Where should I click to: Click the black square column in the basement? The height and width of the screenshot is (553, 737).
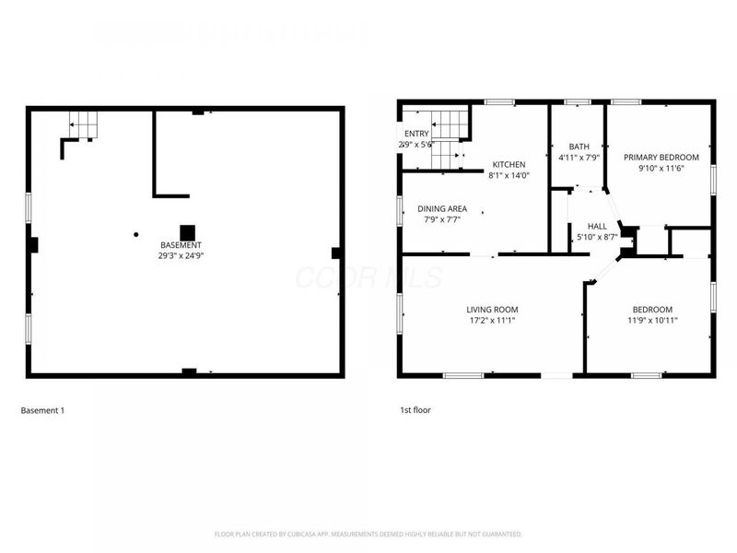pos(187,231)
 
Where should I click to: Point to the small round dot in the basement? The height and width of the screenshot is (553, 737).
pos(135,233)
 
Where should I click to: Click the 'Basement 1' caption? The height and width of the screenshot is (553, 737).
pos(42,410)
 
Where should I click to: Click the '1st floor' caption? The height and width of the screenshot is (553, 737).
pos(415,410)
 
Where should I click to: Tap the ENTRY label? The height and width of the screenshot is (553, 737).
pos(416,135)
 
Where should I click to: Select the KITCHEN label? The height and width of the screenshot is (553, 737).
pos(509,165)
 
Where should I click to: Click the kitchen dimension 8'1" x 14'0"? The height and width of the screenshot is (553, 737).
pos(509,176)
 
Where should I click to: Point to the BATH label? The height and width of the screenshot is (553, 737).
pos(579,147)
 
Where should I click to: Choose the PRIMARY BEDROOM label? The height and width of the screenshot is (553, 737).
pos(661,158)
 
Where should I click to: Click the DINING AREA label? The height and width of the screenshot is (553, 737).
pos(441,209)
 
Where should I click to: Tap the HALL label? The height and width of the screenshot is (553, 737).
pos(597,226)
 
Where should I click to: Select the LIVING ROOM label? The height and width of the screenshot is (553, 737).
pos(492,310)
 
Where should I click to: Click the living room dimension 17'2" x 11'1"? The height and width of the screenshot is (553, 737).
pos(492,321)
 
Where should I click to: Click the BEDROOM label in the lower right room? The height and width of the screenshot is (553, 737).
pos(651,310)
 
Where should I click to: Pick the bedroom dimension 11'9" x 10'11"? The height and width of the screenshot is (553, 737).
pos(651,321)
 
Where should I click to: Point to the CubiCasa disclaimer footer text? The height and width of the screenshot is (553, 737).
pos(368,534)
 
